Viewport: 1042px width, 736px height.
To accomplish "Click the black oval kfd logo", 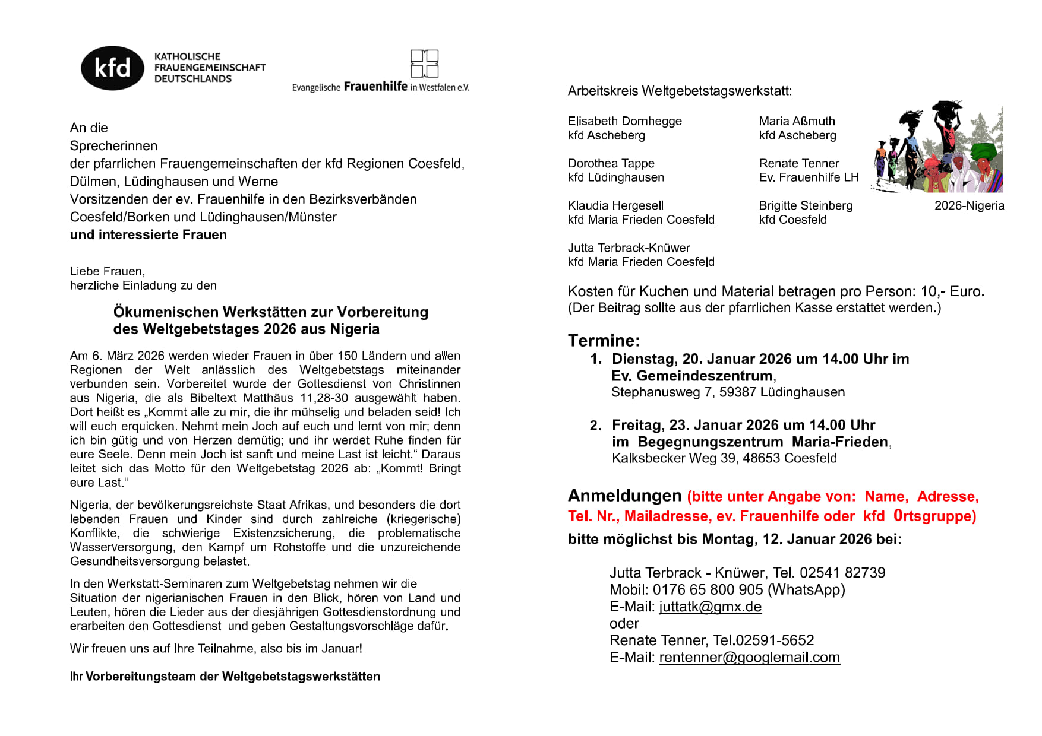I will point(112,68).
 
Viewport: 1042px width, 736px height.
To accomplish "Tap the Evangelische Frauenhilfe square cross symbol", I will point(424,64).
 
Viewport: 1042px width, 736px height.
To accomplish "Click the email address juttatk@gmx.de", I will point(710,607).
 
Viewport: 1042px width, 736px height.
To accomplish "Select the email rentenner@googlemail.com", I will point(749,658).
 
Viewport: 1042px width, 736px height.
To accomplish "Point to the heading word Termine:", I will point(604,340).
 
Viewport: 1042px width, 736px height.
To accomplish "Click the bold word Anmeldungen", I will point(624,496).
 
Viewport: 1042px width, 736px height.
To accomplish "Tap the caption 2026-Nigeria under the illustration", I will point(969,205).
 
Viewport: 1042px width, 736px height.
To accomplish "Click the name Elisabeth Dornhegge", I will point(624,121).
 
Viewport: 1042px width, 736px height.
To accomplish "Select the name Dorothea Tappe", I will point(611,163).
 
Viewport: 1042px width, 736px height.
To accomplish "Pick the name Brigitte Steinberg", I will point(805,205).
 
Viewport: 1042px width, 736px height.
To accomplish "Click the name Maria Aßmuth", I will point(797,121).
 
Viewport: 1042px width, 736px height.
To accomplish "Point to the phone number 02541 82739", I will point(842,573).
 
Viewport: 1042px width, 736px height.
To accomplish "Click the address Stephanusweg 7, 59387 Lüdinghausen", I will point(728,392).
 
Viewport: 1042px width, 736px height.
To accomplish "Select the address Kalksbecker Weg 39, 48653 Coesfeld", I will point(724,458).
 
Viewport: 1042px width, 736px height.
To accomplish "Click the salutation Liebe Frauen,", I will point(107,271).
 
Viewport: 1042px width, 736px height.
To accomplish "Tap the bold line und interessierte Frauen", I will point(148,234).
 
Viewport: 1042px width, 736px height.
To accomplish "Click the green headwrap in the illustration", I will point(983,150).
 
